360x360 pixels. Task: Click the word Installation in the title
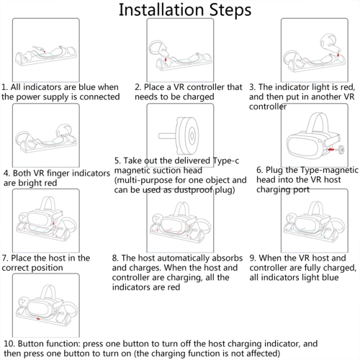coord(161,10)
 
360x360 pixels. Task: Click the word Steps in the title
coord(230,11)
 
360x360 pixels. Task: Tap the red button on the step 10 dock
coord(37,319)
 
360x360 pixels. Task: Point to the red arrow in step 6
coord(331,150)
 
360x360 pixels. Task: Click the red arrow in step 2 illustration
coord(166,59)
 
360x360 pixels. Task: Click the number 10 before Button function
coord(9,343)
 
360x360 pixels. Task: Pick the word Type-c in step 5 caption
coord(226,161)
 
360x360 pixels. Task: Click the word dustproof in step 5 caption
coord(193,190)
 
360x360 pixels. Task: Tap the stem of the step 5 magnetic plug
coord(168,136)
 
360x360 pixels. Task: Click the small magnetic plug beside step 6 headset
coord(340,150)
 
